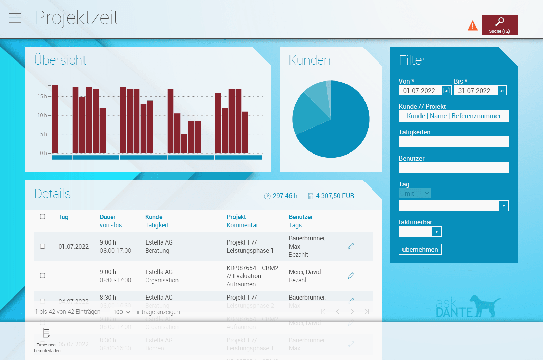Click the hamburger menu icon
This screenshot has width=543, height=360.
click(x=15, y=18)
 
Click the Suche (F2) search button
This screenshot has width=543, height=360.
click(x=499, y=25)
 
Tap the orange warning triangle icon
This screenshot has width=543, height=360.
click(x=472, y=25)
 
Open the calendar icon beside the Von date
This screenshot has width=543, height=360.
click(x=447, y=90)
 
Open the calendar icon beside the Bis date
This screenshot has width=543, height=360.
click(x=502, y=90)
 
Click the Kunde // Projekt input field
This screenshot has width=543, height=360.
click(x=454, y=116)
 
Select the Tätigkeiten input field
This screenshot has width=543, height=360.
click(x=454, y=142)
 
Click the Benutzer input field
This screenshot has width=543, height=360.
click(x=454, y=168)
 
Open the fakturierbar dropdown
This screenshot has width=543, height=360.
click(x=420, y=232)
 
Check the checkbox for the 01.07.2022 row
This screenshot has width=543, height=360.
click(x=43, y=246)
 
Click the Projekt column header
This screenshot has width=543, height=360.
click(x=236, y=217)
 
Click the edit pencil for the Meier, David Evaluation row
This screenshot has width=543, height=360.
click(x=351, y=275)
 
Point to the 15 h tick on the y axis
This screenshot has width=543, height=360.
click(x=42, y=96)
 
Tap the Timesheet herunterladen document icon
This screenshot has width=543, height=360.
click(x=47, y=332)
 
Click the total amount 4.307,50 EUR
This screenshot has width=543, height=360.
click(x=335, y=196)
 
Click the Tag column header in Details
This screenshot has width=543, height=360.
click(x=63, y=217)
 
